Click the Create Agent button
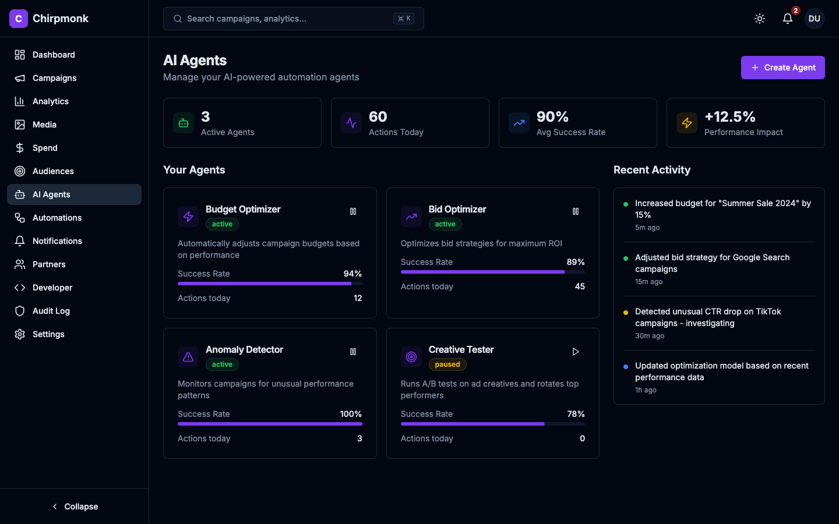pyautogui.click(x=782, y=68)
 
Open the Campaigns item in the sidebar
pyautogui.click(x=54, y=78)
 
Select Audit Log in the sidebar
pyautogui.click(x=51, y=311)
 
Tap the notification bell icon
pyautogui.click(x=787, y=19)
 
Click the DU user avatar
pyautogui.click(x=814, y=19)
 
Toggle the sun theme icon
pyautogui.click(x=759, y=19)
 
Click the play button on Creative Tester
pyautogui.click(x=575, y=352)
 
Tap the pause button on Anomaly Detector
pyautogui.click(x=352, y=352)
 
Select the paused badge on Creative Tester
pyautogui.click(x=447, y=364)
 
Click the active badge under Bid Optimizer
pyautogui.click(x=445, y=224)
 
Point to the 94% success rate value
pyautogui.click(x=352, y=274)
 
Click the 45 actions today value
pyautogui.click(x=580, y=286)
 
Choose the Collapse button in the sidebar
pyautogui.click(x=75, y=507)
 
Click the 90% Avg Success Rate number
pyautogui.click(x=552, y=117)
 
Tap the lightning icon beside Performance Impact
pyautogui.click(x=687, y=123)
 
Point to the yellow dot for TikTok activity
pyautogui.click(x=626, y=313)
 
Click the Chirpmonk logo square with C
pyautogui.click(x=19, y=19)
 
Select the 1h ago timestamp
pyautogui.click(x=646, y=390)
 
